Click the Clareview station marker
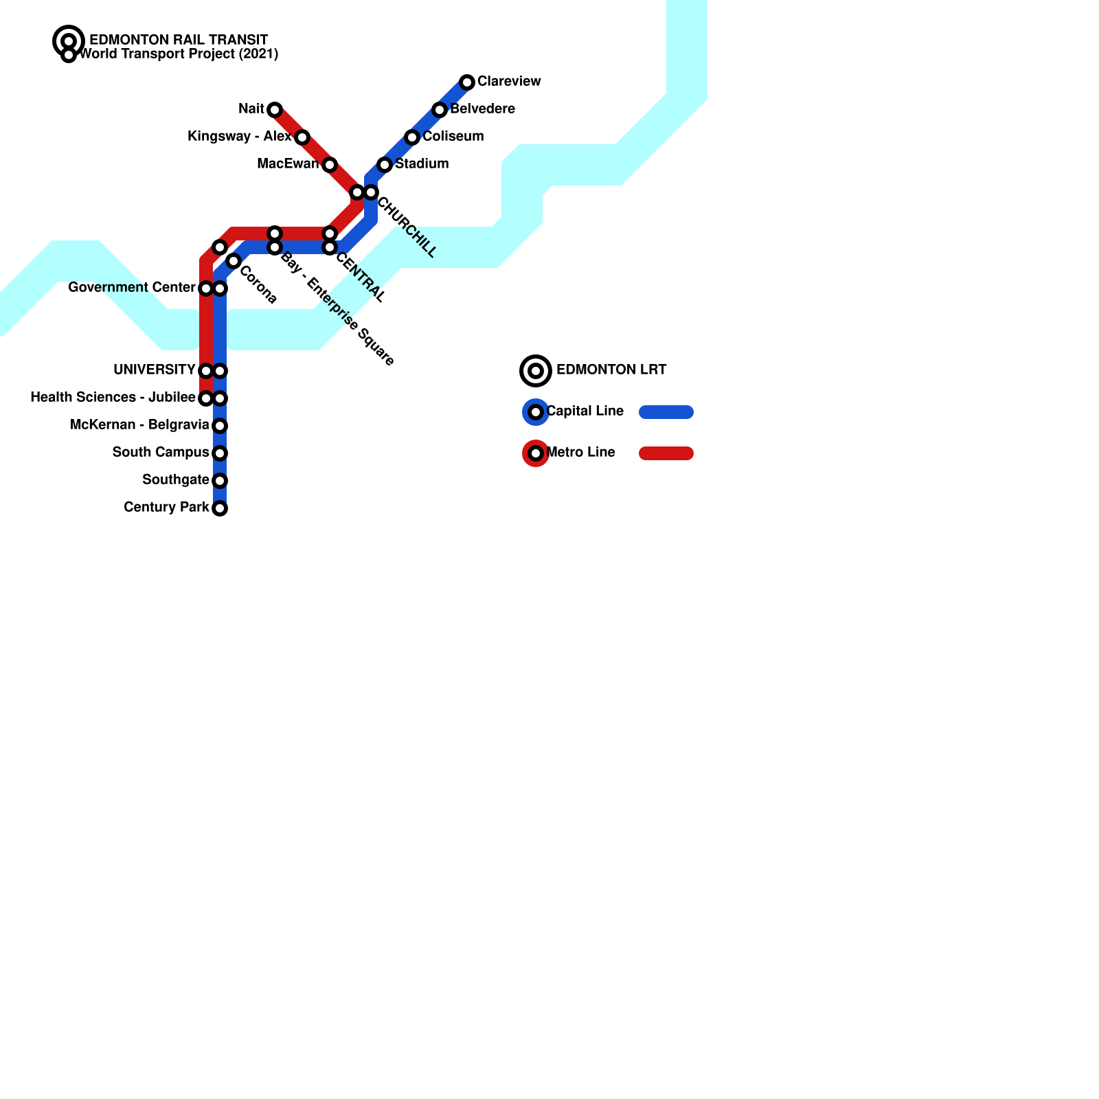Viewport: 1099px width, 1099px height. pos(467,82)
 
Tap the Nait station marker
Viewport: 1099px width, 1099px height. pos(275,110)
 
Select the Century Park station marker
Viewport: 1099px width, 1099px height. pos(220,508)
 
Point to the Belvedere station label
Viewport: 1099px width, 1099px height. pos(482,109)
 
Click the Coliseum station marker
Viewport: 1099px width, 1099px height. pos(412,137)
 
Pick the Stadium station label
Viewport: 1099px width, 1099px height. pos(422,164)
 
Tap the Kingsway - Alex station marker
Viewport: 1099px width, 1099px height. pos(302,137)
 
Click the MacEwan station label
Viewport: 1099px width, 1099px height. pos(288,164)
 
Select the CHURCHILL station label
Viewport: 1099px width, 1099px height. pos(407,227)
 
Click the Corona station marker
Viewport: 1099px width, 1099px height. pos(234,261)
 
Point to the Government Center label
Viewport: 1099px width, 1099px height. pos(131,288)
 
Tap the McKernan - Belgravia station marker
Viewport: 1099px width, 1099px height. pos(220,426)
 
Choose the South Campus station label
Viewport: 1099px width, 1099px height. pos(161,453)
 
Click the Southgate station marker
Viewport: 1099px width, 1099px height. pos(220,481)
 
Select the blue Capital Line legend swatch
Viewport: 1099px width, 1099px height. pos(666,412)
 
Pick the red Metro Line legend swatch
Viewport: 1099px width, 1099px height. pos(666,453)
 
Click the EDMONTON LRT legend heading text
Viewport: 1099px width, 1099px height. pos(611,370)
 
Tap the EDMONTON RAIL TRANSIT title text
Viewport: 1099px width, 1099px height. pos(179,41)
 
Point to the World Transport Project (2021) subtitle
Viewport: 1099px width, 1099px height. pos(179,54)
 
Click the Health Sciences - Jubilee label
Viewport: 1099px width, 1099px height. pos(113,398)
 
